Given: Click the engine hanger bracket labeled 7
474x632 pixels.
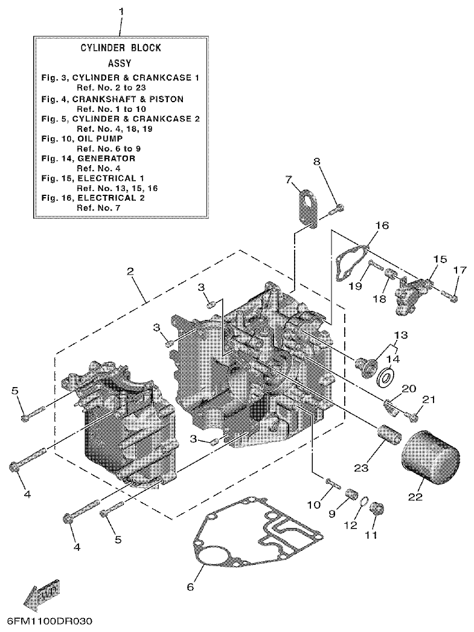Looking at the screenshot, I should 307,209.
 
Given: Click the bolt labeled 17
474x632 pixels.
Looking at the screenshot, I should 452,296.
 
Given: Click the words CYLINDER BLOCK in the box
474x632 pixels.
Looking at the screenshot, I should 121,48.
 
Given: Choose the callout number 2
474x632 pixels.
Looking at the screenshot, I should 130,272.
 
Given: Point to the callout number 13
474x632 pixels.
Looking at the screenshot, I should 402,335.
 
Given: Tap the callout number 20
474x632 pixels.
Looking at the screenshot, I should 408,389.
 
